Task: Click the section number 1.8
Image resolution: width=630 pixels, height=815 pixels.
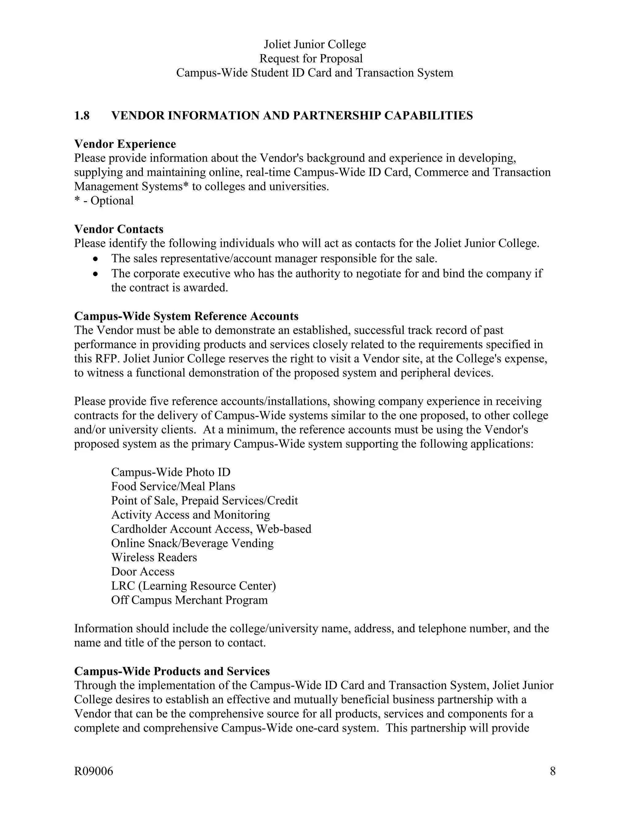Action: [82, 116]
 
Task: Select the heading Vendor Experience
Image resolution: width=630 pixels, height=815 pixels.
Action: [125, 144]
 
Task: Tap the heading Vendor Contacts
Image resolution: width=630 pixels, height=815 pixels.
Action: [119, 229]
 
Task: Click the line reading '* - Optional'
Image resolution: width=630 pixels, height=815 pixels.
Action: [104, 201]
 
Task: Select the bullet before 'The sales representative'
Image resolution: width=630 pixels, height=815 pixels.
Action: [96, 259]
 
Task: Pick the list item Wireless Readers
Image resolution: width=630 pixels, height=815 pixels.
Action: [154, 558]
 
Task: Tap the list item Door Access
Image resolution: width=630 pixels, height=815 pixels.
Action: [142, 572]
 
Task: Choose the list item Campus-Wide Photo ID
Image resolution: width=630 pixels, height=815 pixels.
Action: [170, 472]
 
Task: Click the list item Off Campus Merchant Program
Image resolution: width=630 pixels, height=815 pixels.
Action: [189, 600]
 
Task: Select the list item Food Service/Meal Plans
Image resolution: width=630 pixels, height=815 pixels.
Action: [173, 487]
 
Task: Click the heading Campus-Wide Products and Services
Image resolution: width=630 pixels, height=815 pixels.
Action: [172, 671]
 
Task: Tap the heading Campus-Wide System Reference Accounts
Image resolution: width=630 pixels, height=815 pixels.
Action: [186, 316]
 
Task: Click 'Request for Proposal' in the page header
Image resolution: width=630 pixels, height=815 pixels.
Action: [311, 58]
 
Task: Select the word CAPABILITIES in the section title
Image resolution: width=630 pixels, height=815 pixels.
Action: [429, 116]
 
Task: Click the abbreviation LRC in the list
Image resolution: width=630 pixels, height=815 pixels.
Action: [123, 586]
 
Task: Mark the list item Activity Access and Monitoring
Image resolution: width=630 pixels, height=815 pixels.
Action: [190, 515]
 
